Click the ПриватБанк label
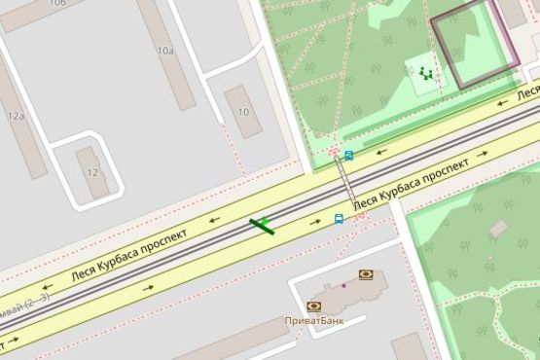pos(311,321)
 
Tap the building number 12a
pos(15,116)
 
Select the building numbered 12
pos(92,172)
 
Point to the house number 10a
pos(164,51)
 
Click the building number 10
pos(243,112)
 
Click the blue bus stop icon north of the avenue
pos(348,155)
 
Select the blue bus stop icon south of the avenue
pos(339,219)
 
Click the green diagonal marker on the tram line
pos(262,227)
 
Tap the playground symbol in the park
pos(424,73)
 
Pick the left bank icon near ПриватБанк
pos(314,306)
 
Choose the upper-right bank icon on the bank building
pos(366,275)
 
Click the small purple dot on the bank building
pos(342,286)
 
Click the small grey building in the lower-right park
pos(498,229)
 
